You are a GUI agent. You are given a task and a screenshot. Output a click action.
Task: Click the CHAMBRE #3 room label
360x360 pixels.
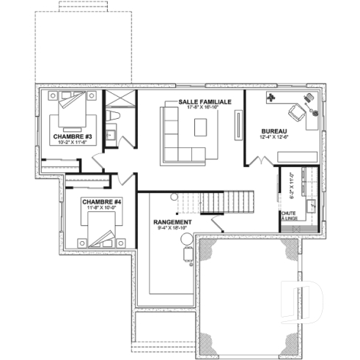point(71,136)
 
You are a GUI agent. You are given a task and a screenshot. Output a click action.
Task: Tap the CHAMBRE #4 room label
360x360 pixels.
point(100,202)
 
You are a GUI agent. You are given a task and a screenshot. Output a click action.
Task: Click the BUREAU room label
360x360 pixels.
point(273,131)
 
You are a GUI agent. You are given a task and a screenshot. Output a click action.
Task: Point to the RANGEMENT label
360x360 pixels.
point(173,221)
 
